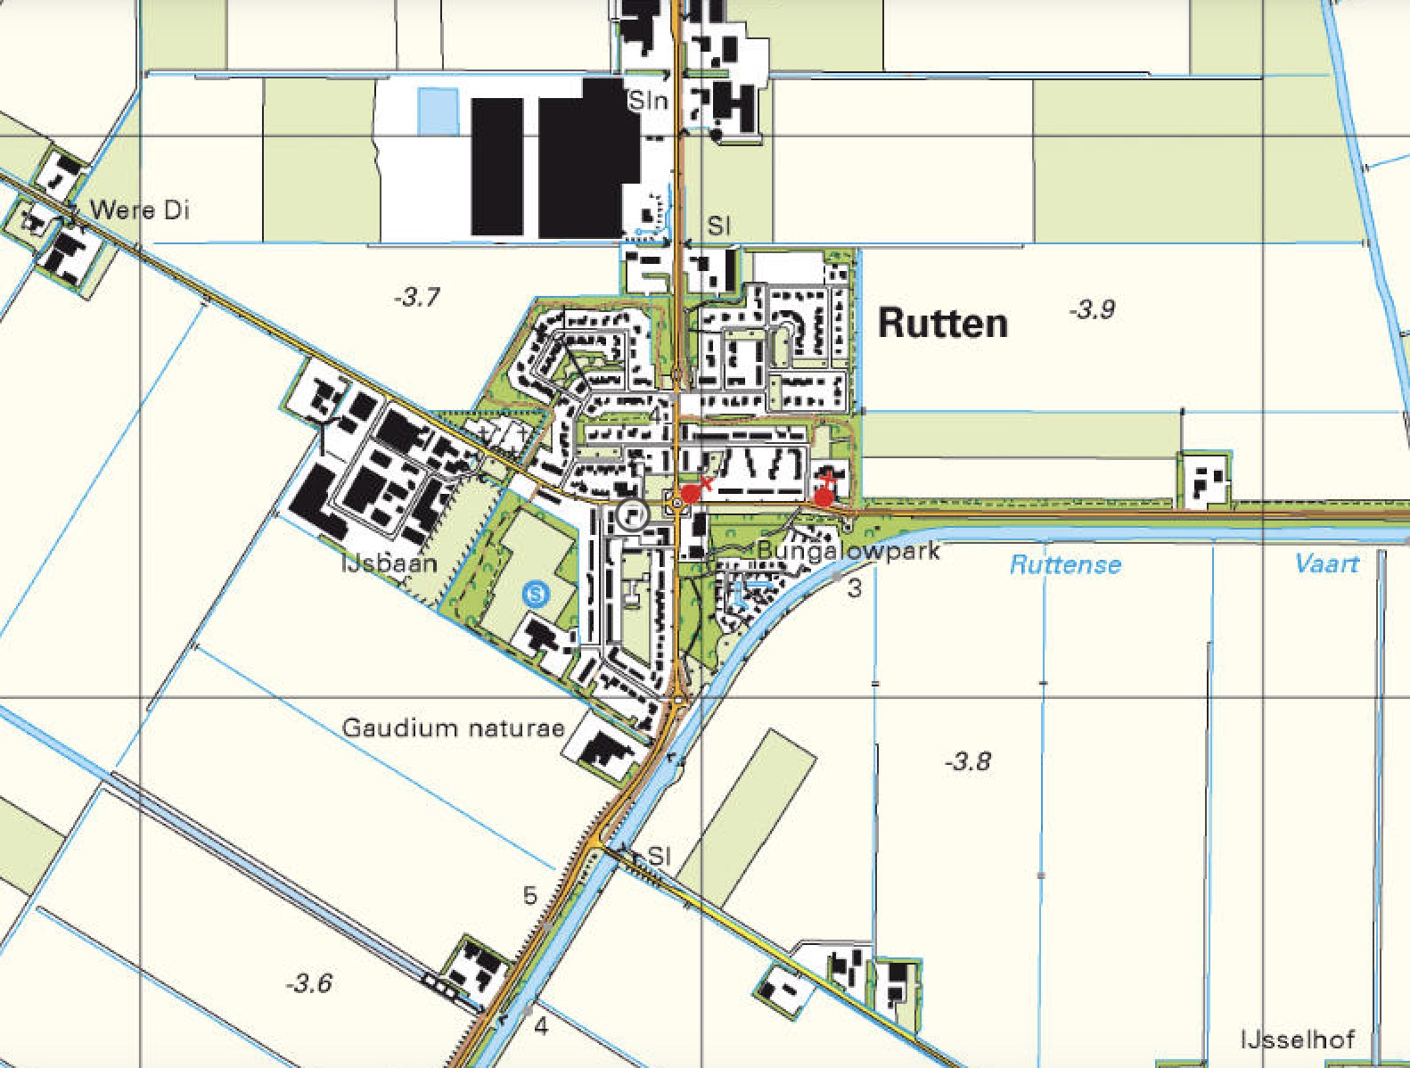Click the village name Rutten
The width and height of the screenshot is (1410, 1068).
[942, 323]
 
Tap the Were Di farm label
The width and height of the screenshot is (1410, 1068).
[140, 211]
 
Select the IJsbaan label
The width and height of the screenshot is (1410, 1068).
[389, 563]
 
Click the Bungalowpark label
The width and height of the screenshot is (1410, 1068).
[848, 551]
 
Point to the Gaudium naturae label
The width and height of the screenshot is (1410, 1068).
[453, 728]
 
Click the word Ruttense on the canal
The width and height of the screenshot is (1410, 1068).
[1065, 564]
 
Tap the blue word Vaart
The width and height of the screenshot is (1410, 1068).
[1326, 563]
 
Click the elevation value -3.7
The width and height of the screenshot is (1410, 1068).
[416, 297]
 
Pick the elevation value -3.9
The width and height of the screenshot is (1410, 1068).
[1092, 309]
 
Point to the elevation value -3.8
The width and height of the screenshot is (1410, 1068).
[967, 761]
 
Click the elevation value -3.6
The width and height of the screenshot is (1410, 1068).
[308, 983]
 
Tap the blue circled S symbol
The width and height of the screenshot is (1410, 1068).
[535, 592]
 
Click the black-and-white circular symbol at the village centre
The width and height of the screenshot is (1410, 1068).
[632, 514]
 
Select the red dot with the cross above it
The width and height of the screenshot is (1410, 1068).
[824, 497]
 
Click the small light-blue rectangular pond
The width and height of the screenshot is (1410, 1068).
[438, 111]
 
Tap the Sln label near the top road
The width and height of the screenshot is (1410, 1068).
[648, 101]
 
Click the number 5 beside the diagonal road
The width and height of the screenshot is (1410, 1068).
[530, 895]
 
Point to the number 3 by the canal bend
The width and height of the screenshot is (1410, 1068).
[855, 588]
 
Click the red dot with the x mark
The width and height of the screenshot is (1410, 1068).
[690, 494]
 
